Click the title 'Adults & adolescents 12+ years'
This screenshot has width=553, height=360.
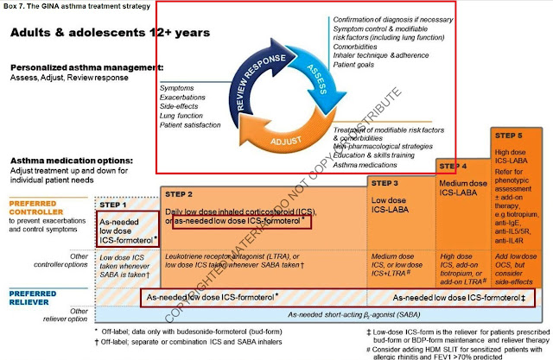coord(110,32)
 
